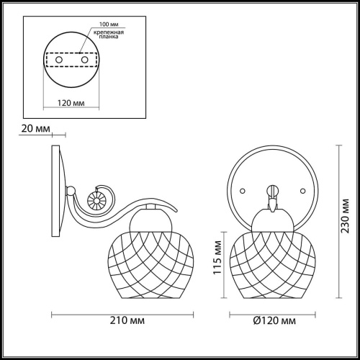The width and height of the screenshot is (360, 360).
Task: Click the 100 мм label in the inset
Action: coord(109,24)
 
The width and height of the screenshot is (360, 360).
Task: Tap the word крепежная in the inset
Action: coord(109,32)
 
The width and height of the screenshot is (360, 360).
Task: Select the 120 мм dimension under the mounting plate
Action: coord(71,103)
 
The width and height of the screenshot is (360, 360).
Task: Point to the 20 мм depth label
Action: coord(36,129)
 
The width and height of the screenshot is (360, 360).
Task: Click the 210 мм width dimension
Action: coord(127,320)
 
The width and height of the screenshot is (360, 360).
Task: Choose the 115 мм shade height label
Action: coord(217,258)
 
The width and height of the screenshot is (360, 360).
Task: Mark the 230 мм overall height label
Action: coord(345,216)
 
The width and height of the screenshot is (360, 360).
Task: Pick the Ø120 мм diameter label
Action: coord(274,320)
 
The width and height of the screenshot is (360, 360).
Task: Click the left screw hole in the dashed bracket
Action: coord(59,60)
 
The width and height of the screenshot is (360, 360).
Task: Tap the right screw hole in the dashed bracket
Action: coord(84,60)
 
